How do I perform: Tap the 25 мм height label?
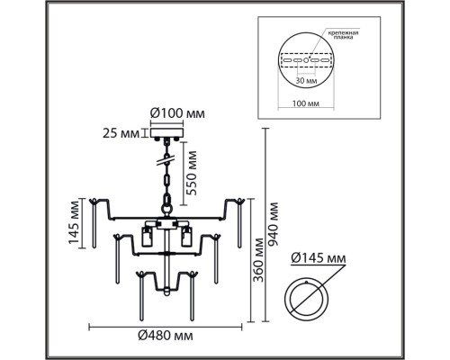click(x=120, y=135)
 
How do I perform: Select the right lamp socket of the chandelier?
click(x=188, y=238)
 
